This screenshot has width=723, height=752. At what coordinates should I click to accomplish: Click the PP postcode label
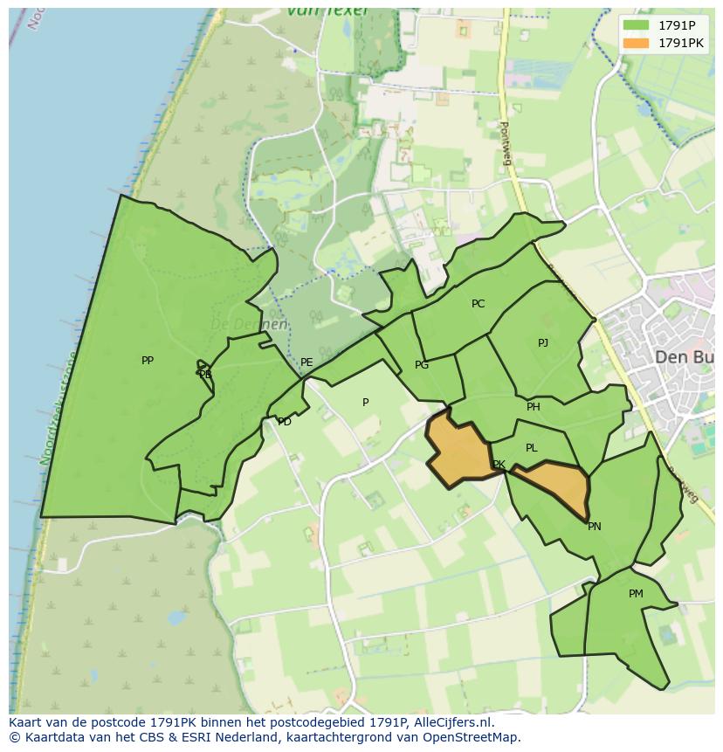148,360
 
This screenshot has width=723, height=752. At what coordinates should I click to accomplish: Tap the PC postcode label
478,304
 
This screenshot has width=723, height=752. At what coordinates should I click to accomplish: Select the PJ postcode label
543,342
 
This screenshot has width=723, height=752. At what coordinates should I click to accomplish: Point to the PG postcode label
422,365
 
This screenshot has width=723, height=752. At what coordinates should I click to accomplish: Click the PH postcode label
534,407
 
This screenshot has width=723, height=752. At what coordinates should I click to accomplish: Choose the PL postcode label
532,448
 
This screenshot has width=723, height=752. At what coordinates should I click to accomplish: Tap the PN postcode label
595,527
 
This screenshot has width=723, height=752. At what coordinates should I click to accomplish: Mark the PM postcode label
636,594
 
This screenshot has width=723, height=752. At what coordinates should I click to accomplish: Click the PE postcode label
306,362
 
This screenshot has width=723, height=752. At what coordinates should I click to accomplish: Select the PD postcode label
285,422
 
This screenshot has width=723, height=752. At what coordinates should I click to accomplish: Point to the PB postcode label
205,375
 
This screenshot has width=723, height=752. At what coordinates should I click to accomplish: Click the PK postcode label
499,465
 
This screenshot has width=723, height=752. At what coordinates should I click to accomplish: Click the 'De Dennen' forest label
249,324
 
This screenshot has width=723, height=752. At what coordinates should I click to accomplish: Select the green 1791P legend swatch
637,24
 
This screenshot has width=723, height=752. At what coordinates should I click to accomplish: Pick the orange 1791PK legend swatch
637,43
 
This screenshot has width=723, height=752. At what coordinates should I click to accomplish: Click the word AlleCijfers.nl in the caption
451,722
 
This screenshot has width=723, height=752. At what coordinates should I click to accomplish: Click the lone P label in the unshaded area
366,403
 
